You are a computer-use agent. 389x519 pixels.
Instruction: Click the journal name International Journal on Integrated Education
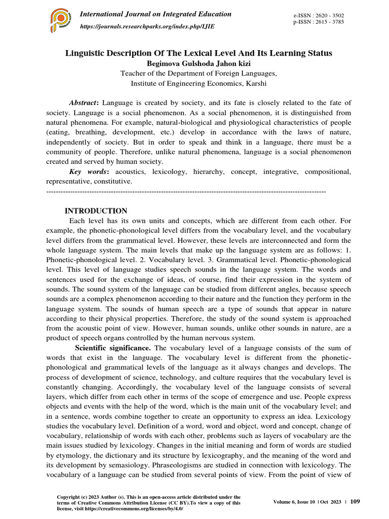[156, 14]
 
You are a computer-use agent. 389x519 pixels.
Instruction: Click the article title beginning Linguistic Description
[199, 53]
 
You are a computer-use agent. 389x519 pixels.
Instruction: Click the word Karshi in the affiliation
[255, 84]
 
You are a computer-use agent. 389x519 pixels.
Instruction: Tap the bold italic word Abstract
[83, 102]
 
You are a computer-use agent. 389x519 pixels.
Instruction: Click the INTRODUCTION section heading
[96, 211]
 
